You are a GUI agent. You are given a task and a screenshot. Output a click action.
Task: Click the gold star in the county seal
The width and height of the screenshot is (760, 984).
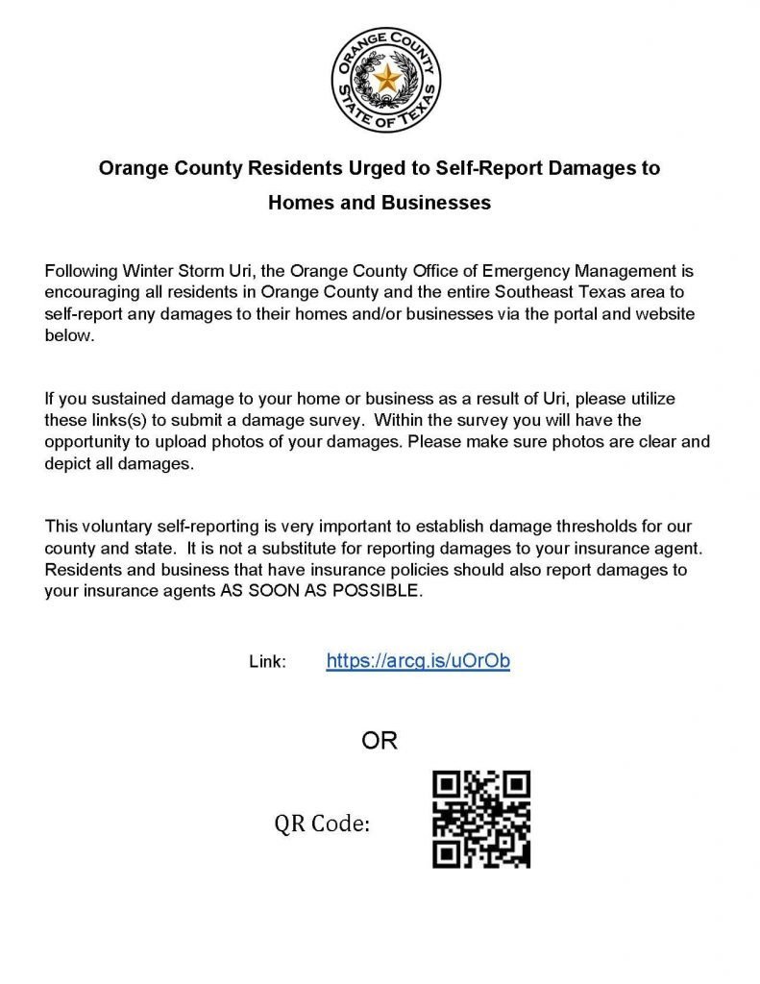point(385,78)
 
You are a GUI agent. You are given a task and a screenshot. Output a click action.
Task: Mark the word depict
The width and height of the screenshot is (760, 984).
point(67,464)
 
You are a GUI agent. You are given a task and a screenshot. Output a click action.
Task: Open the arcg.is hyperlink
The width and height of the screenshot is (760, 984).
point(418,661)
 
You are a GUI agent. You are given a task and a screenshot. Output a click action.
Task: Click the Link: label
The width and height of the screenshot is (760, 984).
point(267,662)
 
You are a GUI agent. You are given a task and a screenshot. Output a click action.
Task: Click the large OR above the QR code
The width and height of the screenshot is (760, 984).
point(379,741)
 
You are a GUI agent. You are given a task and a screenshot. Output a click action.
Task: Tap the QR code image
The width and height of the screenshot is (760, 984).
point(480,819)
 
